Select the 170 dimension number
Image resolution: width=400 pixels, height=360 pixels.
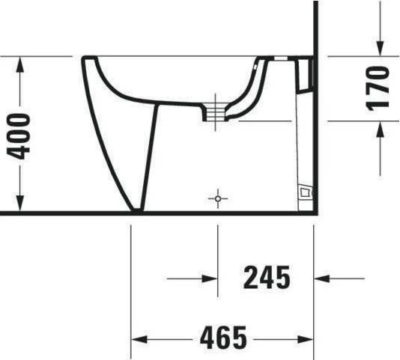[x=378, y=88]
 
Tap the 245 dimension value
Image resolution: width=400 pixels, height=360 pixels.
[x=266, y=278]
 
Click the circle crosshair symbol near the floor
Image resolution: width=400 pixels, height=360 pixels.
[x=218, y=199]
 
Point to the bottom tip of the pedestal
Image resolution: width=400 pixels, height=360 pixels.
[x=136, y=210]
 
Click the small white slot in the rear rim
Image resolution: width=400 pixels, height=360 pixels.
[x=278, y=58]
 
